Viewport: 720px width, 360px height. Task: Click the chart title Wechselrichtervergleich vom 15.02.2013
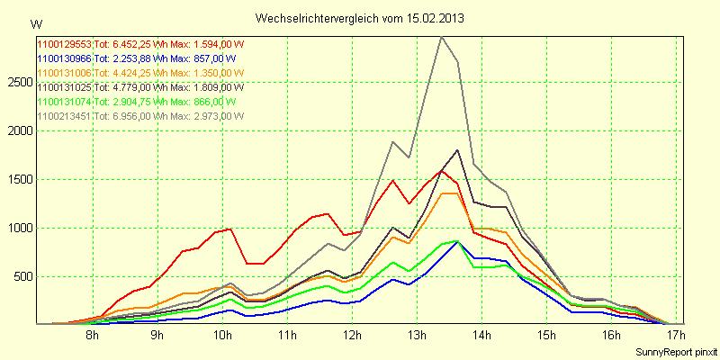(360, 18)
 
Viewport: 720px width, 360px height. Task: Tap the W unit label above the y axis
(35, 24)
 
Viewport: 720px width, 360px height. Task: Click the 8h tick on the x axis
(92, 336)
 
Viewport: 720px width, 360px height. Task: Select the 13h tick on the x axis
(417, 336)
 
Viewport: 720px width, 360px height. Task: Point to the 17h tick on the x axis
(677, 336)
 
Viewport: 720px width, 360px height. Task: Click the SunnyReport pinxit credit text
(677, 349)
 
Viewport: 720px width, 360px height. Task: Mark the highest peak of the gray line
(440, 38)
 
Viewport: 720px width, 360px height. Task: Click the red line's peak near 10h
(231, 229)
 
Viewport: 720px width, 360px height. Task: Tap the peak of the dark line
(457, 150)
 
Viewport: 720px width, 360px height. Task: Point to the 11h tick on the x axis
(287, 336)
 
